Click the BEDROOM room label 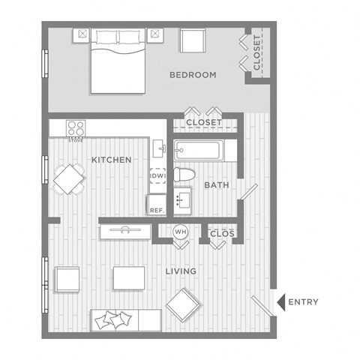[193, 75]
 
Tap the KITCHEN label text [112, 160]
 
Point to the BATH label [216, 184]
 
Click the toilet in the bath [184, 175]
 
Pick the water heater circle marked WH [180, 232]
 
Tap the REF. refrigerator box [157, 205]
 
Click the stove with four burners [75, 129]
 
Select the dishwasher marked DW [158, 176]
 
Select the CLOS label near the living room [222, 234]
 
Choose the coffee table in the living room [129, 277]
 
